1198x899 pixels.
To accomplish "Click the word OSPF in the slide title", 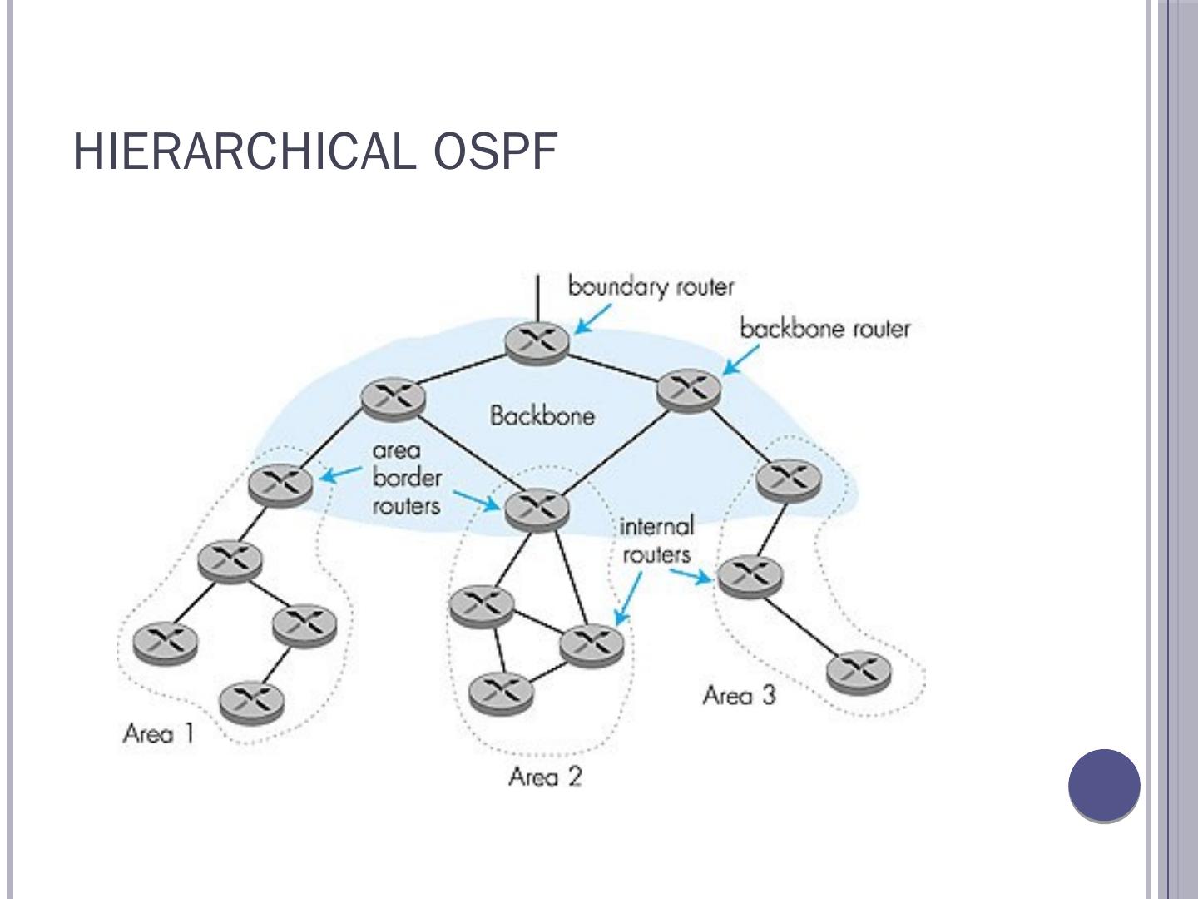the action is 496,151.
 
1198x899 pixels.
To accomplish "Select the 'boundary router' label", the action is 651,287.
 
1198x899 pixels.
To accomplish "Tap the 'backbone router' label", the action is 825,329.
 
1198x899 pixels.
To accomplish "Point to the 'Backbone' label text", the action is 542,416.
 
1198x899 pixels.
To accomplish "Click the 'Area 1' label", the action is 159,733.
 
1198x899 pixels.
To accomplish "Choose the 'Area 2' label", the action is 545,776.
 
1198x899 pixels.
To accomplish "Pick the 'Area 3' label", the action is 739,695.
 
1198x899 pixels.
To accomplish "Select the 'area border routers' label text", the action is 407,478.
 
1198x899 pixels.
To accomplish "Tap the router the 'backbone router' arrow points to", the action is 689,391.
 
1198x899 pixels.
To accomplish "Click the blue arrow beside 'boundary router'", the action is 592,319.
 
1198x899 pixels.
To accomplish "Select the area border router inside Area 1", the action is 280,484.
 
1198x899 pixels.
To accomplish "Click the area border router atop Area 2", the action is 537,509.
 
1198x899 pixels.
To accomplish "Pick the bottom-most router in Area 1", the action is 251,702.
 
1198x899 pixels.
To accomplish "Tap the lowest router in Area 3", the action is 859,673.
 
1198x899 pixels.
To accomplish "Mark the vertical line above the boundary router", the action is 537,298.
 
